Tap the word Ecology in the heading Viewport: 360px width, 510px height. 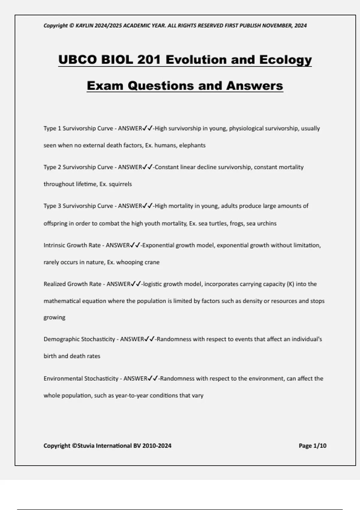[285, 59]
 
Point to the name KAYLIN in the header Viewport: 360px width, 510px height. [85, 25]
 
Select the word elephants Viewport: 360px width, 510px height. [192, 145]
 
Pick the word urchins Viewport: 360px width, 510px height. [266, 223]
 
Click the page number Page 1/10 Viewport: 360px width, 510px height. [312, 446]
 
